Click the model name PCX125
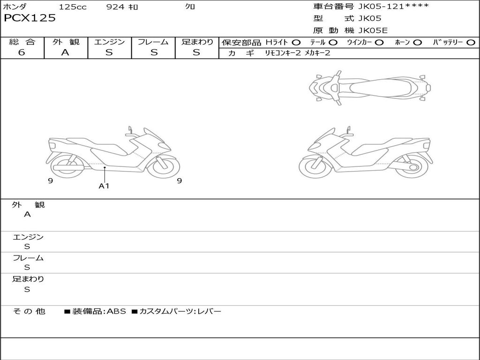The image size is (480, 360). tap(30, 18)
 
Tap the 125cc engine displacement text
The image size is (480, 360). tap(73, 7)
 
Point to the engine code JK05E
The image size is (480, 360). tap(373, 30)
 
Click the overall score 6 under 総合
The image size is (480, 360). tap(22, 52)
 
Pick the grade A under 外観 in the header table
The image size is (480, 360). tap(65, 52)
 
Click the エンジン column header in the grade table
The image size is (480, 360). tap(109, 42)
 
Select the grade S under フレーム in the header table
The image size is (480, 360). tap(154, 52)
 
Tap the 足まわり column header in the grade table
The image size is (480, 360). tap(197, 42)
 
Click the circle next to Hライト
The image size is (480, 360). tap(296, 43)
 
